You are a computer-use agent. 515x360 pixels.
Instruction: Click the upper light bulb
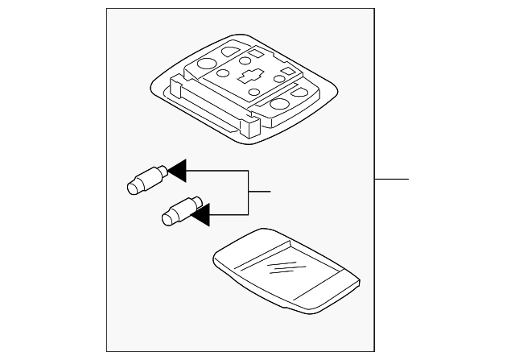tap(146, 180)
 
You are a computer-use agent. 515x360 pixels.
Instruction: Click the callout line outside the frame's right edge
tap(392, 177)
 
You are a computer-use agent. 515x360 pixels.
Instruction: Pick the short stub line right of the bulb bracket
tap(259, 192)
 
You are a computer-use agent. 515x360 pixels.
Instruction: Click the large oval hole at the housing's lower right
tap(282, 103)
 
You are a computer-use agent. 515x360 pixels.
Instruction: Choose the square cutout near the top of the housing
tap(254, 55)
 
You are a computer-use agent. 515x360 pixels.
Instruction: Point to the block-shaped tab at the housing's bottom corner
tap(251, 125)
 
